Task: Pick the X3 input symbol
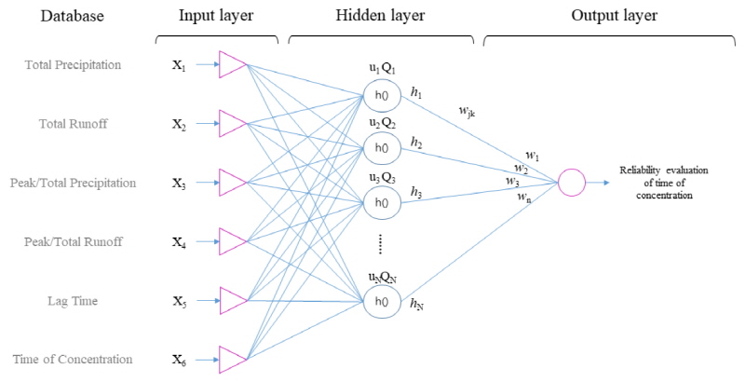(179, 184)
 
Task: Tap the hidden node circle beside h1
(380, 95)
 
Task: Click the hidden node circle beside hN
(380, 302)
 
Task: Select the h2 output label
(415, 143)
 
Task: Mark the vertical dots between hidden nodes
(381, 244)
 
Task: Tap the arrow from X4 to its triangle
(205, 242)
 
